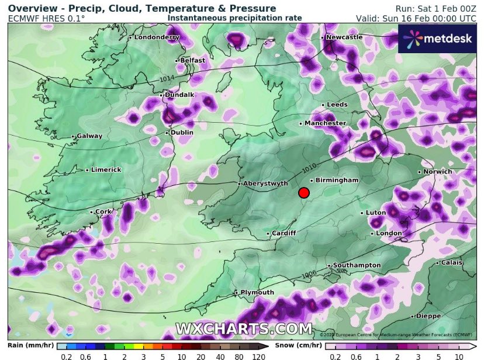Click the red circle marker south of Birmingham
[x=303, y=193]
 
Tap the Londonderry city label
[x=156, y=37]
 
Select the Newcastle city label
[x=344, y=37]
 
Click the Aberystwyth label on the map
[x=265, y=183]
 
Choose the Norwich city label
[x=437, y=171]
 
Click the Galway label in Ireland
[x=89, y=136]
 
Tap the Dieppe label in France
[x=430, y=316]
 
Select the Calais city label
[x=452, y=262]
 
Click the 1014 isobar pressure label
[x=167, y=78]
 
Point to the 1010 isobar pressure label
[x=310, y=168]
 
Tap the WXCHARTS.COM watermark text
[x=244, y=328]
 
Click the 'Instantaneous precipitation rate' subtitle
[x=234, y=18]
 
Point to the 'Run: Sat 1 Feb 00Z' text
[x=437, y=8]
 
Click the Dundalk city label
[x=179, y=94]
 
